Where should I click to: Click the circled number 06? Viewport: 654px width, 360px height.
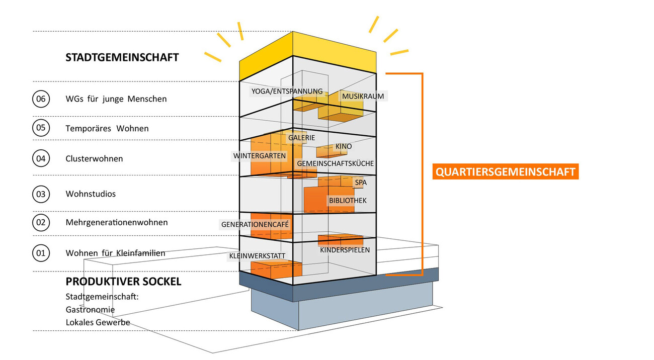41,99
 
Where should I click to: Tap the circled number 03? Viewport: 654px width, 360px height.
41,194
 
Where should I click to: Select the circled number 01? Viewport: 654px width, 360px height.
41,253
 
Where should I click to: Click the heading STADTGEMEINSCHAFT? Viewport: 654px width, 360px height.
122,57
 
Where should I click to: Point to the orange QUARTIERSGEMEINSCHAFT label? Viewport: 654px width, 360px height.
505,172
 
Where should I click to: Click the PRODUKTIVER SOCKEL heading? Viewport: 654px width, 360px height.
123,282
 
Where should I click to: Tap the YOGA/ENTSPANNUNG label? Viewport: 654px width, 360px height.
287,92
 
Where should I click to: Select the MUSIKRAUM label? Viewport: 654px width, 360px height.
363,96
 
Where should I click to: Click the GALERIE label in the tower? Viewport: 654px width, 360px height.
302,138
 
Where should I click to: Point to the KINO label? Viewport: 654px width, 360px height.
344,146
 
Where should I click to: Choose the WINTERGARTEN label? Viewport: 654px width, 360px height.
260,156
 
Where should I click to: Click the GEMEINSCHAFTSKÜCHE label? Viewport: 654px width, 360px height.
335,163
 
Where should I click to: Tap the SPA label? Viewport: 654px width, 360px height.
361,183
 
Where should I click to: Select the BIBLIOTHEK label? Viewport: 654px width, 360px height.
348,201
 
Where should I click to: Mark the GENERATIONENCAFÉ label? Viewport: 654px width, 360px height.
256,224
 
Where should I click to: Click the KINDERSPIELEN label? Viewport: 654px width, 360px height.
345,250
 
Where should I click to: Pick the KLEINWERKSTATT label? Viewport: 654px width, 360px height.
258,256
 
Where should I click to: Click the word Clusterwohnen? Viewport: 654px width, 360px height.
94,158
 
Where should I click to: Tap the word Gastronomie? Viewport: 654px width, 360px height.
90,310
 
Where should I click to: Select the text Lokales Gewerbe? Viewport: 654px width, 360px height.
98,322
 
